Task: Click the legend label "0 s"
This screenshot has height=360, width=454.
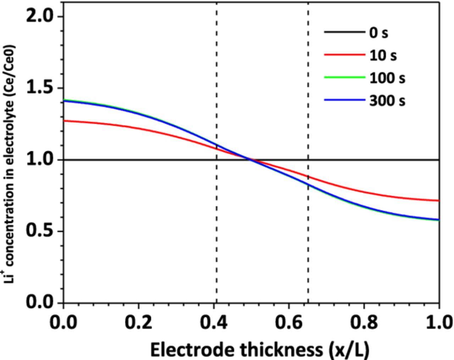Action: tap(378, 33)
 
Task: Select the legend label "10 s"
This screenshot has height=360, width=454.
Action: tap(383, 55)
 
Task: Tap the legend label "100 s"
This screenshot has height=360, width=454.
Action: tap(387, 78)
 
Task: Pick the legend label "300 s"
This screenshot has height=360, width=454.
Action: tap(387, 101)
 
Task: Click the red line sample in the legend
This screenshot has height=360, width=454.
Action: tap(344, 55)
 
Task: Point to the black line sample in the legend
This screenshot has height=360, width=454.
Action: tap(344, 32)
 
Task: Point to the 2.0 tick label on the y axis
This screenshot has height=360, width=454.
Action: tap(40, 17)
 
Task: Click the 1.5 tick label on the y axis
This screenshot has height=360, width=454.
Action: tap(40, 88)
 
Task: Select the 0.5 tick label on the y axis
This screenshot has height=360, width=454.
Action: tap(40, 231)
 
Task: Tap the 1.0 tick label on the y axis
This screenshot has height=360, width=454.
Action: tap(40, 160)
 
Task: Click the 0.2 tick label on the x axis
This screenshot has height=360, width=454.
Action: tap(138, 322)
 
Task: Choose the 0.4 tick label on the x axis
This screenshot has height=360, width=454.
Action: tap(214, 322)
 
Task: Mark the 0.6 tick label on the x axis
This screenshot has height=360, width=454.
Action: tap(289, 322)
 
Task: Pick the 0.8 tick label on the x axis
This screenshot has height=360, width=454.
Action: tap(364, 322)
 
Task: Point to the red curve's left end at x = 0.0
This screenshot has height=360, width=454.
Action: tap(64, 121)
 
